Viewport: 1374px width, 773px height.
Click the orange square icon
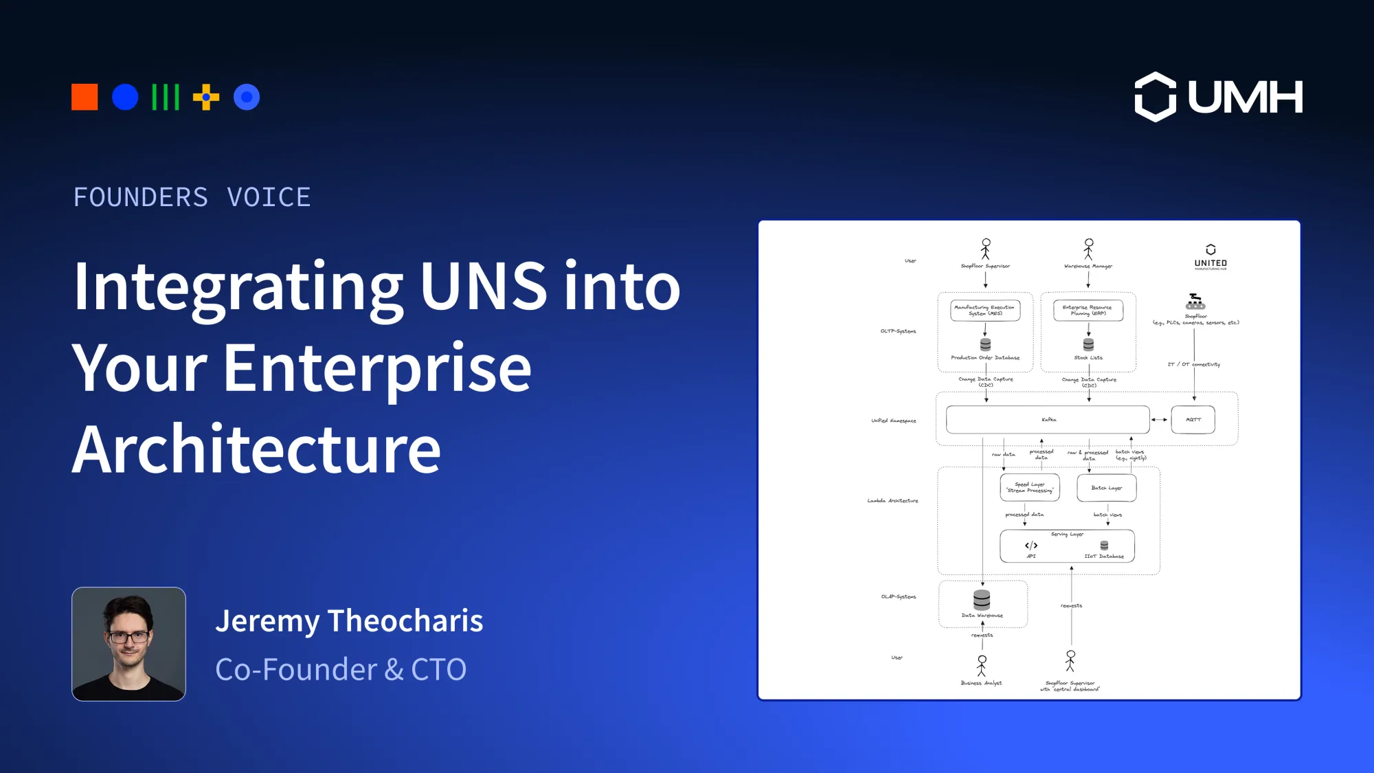85,97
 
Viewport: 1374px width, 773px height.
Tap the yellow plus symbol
205,97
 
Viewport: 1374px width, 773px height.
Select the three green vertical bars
166,97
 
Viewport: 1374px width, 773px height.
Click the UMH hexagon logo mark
1155,97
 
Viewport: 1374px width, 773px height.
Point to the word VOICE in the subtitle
269,198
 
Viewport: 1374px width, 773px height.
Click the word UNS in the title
483,287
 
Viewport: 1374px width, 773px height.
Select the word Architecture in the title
256,450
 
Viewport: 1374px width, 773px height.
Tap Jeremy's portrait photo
128,644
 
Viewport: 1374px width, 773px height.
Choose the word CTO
438,670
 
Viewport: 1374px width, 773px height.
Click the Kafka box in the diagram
1048,420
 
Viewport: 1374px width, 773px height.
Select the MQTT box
1193,420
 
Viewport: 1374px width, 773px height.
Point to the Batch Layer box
1107,488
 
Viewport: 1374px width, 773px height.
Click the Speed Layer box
1030,488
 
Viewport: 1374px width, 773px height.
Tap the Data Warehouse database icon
982,600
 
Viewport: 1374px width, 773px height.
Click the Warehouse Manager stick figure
1088,249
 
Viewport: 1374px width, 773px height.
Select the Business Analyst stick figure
982,665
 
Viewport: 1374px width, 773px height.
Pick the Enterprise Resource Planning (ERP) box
1088,311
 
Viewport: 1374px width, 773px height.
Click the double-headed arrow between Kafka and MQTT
1160,420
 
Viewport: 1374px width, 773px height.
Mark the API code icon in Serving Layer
1031,546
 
